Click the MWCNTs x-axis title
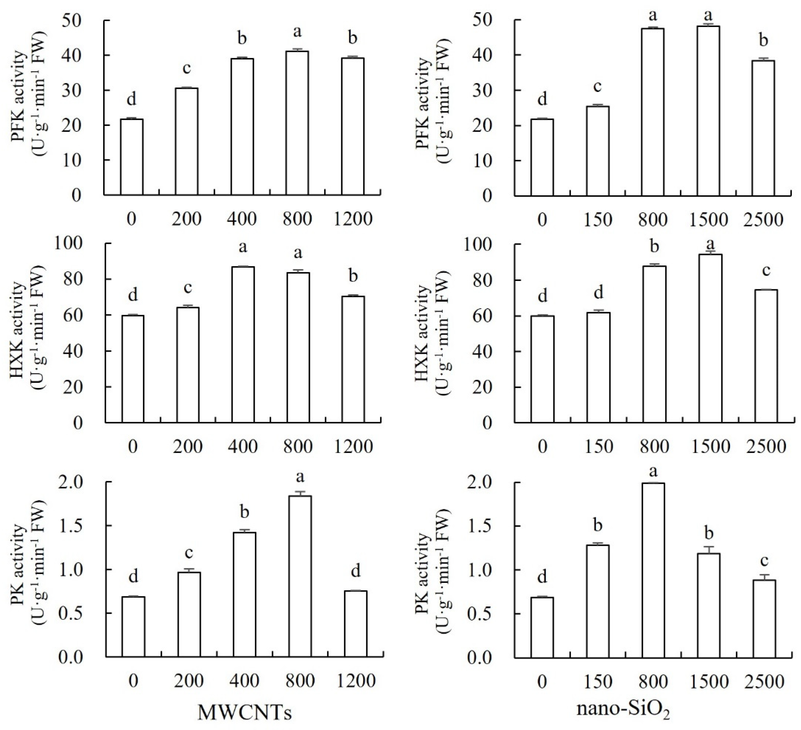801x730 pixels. coord(244,712)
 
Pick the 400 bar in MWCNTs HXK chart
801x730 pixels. coord(243,344)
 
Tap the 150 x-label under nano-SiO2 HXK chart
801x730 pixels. coord(598,446)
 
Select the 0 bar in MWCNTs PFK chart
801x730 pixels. coord(132,157)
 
